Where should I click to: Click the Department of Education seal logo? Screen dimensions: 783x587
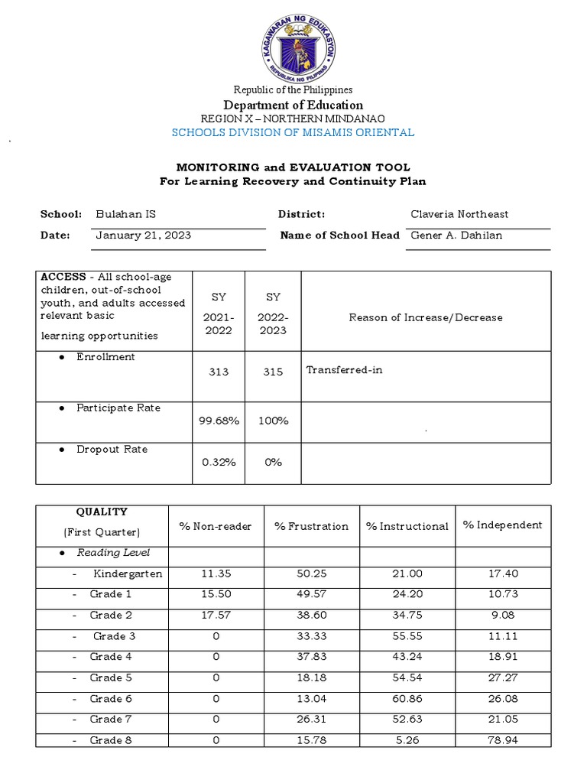[293, 47]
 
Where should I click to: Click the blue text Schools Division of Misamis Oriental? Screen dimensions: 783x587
[293, 132]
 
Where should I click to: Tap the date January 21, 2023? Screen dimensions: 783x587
[143, 236]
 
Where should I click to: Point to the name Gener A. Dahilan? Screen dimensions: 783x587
[456, 236]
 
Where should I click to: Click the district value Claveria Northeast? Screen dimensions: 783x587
[459, 215]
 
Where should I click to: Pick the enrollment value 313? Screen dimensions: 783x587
[219, 372]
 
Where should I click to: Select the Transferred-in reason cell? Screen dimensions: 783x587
[344, 370]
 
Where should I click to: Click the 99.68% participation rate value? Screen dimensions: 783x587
[219, 421]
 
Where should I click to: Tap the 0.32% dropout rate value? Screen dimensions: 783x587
[219, 462]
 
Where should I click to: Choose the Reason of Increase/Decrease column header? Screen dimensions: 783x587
[426, 317]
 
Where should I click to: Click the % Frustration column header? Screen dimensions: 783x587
[311, 526]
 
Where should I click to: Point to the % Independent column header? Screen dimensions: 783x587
[502, 525]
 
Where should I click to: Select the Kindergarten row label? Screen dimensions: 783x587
[128, 574]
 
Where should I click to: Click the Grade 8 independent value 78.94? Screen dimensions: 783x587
[502, 740]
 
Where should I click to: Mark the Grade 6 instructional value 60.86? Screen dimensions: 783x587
[407, 699]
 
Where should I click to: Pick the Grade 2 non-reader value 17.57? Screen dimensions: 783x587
[216, 616]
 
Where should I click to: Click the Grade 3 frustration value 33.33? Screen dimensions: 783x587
[311, 636]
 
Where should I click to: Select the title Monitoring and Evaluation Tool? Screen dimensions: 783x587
[293, 167]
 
